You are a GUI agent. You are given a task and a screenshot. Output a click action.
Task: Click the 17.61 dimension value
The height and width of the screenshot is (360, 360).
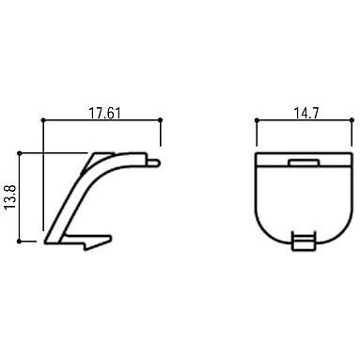tap(105, 113)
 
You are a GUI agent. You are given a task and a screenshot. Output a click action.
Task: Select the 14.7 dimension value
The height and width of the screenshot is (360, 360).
tap(305, 113)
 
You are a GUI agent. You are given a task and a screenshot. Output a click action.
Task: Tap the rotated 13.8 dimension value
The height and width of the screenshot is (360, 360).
tap(10, 197)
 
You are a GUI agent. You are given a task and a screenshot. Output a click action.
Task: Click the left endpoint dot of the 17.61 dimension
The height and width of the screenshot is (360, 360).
tap(43, 120)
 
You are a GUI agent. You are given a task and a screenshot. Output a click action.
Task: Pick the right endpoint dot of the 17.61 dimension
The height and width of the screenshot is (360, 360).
tap(161, 120)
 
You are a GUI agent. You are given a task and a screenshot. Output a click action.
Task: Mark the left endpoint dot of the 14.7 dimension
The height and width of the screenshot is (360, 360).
tap(257, 120)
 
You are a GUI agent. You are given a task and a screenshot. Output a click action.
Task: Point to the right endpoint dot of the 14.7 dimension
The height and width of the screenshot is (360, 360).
tap(352, 120)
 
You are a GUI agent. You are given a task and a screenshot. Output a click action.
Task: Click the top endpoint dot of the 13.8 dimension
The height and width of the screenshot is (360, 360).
tap(20, 153)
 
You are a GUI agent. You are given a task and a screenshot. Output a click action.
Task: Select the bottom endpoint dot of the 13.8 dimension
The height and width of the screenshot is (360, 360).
tap(20, 242)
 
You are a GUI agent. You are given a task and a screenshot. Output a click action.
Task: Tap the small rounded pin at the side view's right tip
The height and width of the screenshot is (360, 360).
tap(153, 163)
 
